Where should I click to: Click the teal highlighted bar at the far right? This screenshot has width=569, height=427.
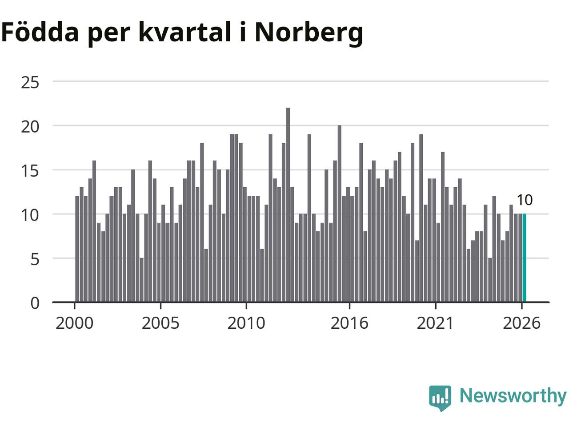[x=524, y=258]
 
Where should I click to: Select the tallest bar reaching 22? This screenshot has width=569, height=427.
[x=288, y=205]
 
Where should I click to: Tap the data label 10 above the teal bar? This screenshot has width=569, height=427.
[x=525, y=200]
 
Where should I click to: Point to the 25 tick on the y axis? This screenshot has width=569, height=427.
[x=30, y=83]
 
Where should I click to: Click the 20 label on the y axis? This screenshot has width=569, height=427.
[x=30, y=127]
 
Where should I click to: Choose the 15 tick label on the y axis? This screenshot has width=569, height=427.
[x=30, y=171]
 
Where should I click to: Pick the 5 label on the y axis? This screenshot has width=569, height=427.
[x=35, y=259]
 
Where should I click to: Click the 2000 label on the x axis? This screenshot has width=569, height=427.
[x=74, y=323]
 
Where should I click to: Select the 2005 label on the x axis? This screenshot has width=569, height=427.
[x=160, y=323]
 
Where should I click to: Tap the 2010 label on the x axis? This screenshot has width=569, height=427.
[x=246, y=323]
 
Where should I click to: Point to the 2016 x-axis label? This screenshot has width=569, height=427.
[x=349, y=323]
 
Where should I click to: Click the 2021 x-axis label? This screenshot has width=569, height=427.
[x=436, y=323]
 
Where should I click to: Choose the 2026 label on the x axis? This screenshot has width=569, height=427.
[x=521, y=323]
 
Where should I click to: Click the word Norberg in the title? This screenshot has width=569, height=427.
[x=309, y=34]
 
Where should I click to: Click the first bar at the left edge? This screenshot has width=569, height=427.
[x=77, y=249]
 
